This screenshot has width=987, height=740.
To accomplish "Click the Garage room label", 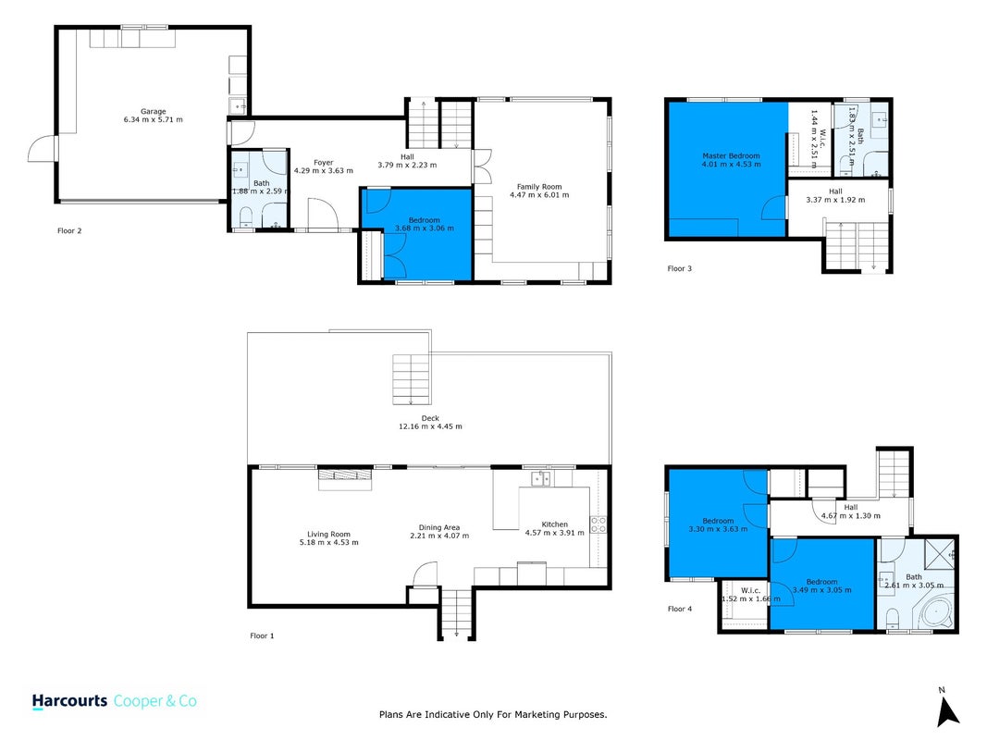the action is point(153,111).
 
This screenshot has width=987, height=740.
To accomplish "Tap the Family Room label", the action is point(539,187).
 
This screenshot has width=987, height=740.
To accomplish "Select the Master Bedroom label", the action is point(731,155).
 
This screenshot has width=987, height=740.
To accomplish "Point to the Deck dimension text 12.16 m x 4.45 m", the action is point(430,426).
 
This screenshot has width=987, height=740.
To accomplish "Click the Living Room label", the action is point(328,535).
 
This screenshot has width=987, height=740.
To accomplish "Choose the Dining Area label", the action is point(439,528).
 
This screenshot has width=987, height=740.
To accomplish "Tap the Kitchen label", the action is point(555,524).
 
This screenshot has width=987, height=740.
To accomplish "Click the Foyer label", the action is point(324,163).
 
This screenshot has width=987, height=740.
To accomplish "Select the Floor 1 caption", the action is point(262,635).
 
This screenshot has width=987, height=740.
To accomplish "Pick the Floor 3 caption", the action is point(679,268).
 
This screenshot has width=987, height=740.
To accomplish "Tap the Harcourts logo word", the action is point(70,701).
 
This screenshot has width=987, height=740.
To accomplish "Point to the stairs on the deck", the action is point(412,379).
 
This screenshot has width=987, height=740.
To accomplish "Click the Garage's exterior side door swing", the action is point(42,149).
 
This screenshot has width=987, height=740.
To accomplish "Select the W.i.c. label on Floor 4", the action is point(750,590).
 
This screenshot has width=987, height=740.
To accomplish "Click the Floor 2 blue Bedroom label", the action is point(425,220).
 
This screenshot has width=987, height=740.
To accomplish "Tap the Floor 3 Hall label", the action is point(835,191).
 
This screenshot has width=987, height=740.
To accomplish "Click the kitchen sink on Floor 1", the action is point(541,478).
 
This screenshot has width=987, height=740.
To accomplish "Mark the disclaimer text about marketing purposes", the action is point(493,714).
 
